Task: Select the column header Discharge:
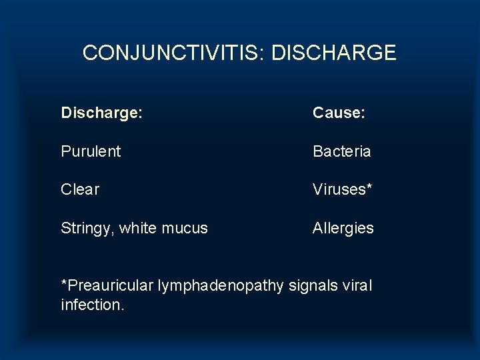(x=101, y=113)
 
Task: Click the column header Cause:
(x=339, y=113)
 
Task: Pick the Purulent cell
(x=91, y=151)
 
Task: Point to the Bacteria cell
(x=342, y=151)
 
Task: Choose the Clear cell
(x=80, y=189)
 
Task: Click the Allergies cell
(x=343, y=228)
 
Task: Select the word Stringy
(x=87, y=228)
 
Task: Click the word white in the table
(x=139, y=228)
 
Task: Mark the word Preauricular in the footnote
(x=110, y=286)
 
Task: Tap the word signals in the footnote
(x=314, y=286)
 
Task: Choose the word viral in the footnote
(x=357, y=286)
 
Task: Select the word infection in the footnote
(x=90, y=305)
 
